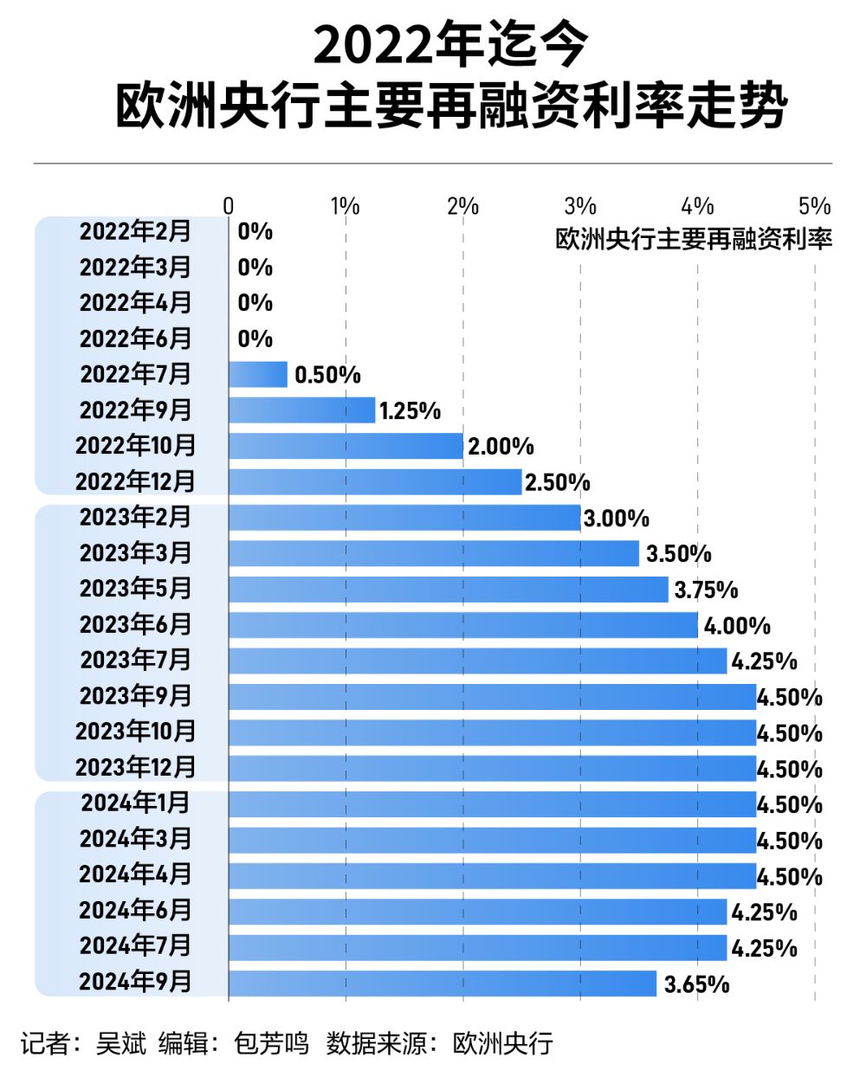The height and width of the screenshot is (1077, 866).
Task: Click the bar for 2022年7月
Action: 258,375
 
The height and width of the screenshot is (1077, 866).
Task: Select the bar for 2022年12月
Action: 375,482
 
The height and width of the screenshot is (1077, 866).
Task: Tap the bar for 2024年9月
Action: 443,983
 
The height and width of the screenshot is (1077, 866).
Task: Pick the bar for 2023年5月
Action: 449,590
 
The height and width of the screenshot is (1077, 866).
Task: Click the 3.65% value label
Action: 696,984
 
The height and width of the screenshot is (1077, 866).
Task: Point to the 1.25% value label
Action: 410,411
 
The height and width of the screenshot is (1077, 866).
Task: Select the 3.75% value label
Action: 706,590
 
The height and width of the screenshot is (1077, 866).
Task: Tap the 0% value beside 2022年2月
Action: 255,232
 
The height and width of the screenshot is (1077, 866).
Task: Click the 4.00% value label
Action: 736,626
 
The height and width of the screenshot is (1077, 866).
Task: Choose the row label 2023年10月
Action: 136,732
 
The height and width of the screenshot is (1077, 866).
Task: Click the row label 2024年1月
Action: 136,803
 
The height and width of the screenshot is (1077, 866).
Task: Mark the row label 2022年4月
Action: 136,303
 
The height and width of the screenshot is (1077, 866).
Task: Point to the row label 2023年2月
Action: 136,518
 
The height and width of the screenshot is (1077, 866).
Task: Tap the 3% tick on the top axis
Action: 580,206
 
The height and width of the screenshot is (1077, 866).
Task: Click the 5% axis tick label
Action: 814,206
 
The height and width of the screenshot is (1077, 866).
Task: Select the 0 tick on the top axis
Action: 229,206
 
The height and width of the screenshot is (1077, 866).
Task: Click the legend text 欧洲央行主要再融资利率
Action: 694,239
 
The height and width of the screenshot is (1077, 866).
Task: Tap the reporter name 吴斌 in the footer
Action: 121,1043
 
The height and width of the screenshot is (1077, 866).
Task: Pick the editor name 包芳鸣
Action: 271,1043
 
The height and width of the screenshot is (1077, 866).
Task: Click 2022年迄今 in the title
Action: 450,45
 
